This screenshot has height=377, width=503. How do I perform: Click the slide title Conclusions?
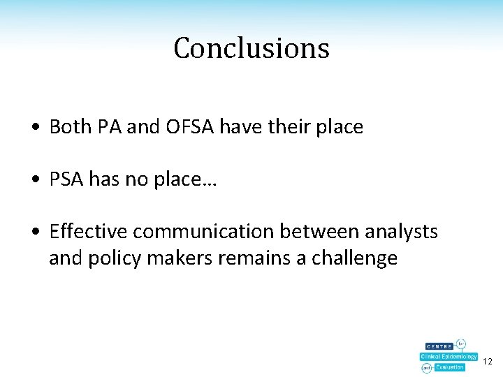pos(251,48)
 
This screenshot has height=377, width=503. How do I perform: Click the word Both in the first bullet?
pos(70,127)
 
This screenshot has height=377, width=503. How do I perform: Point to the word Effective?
pos(89,231)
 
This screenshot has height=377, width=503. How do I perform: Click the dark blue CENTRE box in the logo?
pos(439,346)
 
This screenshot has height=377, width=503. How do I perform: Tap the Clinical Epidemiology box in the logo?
pos(449,357)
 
